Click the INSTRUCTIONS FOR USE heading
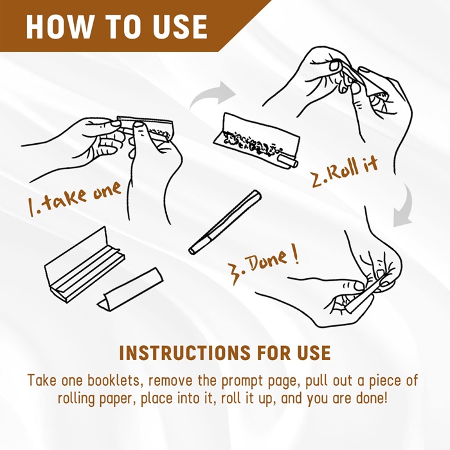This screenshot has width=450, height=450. [x=225, y=353]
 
